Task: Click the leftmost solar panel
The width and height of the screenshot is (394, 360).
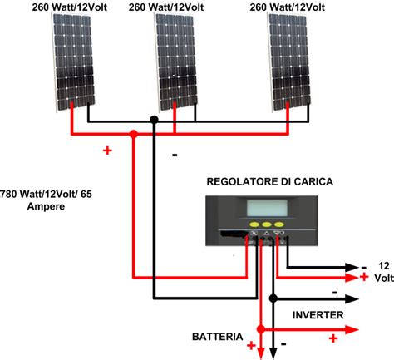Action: point(73,62)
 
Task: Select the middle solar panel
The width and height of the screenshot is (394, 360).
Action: point(176,62)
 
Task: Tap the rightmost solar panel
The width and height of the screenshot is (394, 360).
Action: point(289,62)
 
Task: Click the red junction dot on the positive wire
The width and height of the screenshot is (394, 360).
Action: point(134,134)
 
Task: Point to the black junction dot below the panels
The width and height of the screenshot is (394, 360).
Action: point(154,120)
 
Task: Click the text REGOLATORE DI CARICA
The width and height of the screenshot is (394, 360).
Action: point(269,181)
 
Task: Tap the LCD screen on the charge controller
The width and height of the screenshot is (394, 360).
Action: point(267,208)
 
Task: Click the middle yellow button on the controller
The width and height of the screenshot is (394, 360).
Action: point(267,224)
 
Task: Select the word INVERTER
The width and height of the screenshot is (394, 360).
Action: point(318,315)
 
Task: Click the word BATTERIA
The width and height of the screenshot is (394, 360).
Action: point(218,337)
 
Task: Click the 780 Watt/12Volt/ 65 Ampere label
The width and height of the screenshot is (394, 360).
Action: point(46,200)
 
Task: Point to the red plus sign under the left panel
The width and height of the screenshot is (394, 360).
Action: point(107,150)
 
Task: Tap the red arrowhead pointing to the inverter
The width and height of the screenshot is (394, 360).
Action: point(352,329)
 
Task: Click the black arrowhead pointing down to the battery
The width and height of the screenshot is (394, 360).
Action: point(273,353)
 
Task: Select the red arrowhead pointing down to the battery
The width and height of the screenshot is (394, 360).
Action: point(260,353)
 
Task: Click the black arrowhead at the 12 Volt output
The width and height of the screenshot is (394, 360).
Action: point(352,268)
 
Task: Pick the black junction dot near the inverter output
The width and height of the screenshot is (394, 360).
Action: point(273,298)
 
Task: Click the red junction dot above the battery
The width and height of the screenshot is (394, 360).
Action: point(260,329)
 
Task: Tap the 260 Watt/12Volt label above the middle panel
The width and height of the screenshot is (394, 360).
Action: point(166,7)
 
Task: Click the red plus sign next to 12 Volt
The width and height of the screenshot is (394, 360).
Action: point(364,277)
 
